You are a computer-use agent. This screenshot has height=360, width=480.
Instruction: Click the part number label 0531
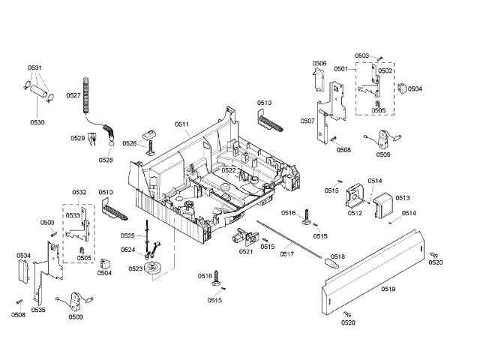pyautogui.click(x=36, y=68)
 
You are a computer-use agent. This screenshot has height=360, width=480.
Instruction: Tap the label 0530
pyautogui.click(x=37, y=121)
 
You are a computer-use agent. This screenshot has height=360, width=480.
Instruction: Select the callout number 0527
pyautogui.click(x=73, y=94)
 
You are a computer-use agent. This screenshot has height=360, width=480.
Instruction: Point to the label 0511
pyautogui.click(x=182, y=124)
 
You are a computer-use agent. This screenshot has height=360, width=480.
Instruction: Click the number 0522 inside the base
pyautogui.click(x=229, y=171)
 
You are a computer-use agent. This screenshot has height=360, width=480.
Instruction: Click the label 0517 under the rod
pyautogui.click(x=286, y=253)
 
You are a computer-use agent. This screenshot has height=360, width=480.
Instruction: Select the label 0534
pyautogui.click(x=24, y=256)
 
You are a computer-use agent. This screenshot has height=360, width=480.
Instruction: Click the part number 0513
pyautogui.click(x=402, y=198)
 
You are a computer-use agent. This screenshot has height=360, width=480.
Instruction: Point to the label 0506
pyautogui.click(x=319, y=64)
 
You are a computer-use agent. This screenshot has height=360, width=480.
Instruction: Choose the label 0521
pyautogui.click(x=246, y=251)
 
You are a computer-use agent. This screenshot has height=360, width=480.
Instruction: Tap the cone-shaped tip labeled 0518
pyautogui.click(x=330, y=264)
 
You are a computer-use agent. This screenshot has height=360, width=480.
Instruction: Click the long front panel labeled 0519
pyautogui.click(x=375, y=274)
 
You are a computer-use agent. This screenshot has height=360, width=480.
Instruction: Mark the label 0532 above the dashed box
pyautogui.click(x=79, y=193)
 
